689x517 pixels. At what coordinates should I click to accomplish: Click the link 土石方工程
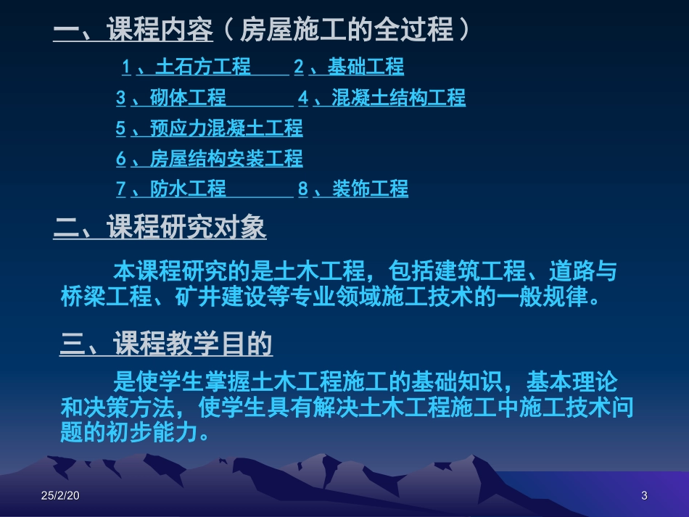point(202,67)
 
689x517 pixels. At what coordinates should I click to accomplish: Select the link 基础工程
point(366,67)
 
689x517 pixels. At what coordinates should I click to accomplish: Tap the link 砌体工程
point(188,98)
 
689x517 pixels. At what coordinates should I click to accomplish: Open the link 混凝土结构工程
point(398,98)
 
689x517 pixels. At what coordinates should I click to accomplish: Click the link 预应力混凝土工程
point(226,128)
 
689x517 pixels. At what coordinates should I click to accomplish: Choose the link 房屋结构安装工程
point(226,159)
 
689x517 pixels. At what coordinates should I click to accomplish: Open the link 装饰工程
point(370,189)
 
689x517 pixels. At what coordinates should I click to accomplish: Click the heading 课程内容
point(160,31)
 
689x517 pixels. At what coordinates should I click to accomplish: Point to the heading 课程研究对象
point(186,228)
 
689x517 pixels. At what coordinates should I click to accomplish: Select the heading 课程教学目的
point(193,344)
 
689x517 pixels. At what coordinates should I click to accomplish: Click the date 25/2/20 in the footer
point(61,496)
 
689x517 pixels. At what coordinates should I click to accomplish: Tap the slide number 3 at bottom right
point(643,496)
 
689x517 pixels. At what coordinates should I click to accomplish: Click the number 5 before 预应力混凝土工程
point(121,128)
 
